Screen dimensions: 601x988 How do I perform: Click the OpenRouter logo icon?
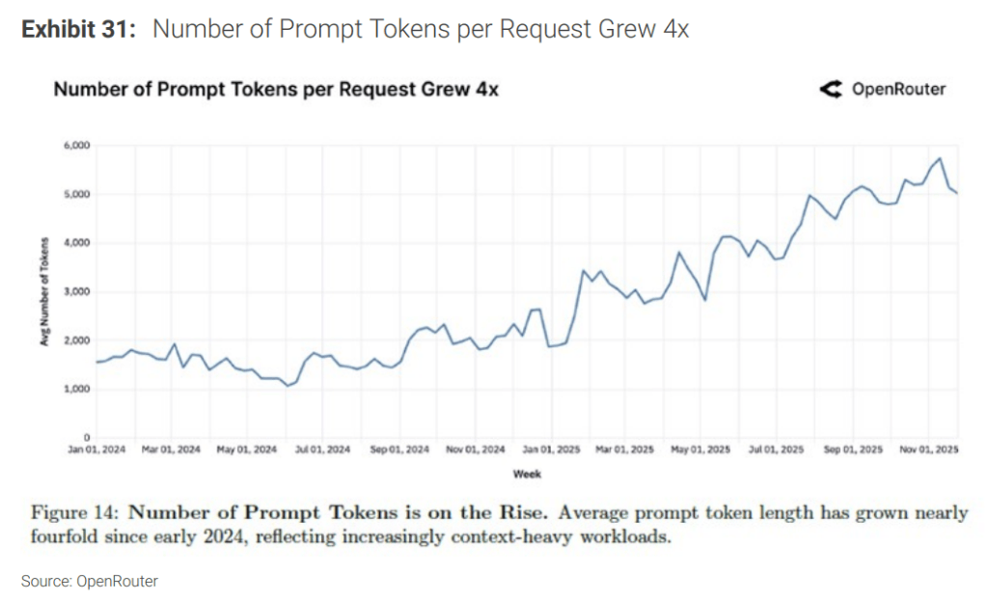pyautogui.click(x=830, y=90)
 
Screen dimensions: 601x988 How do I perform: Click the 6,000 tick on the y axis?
pyautogui.click(x=77, y=146)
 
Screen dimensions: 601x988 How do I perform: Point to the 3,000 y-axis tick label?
pyautogui.click(x=77, y=291)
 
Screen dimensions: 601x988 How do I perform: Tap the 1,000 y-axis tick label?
pyautogui.click(x=77, y=389)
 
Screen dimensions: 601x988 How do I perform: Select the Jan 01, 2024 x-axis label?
pyautogui.click(x=97, y=450)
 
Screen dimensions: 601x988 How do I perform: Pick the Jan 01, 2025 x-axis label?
pyautogui.click(x=551, y=450)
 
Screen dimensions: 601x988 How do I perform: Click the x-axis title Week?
pyautogui.click(x=528, y=474)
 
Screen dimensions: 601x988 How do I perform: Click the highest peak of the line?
pyautogui.click(x=940, y=158)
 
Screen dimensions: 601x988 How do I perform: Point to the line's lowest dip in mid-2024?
pyautogui.click(x=287, y=386)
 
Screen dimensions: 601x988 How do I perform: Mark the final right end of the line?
pyautogui.click(x=957, y=194)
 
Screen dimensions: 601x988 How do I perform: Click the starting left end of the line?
pyautogui.click(x=96, y=362)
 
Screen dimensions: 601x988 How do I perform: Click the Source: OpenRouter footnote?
pyautogui.click(x=90, y=581)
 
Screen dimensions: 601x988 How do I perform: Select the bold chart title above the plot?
pyautogui.click(x=275, y=90)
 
